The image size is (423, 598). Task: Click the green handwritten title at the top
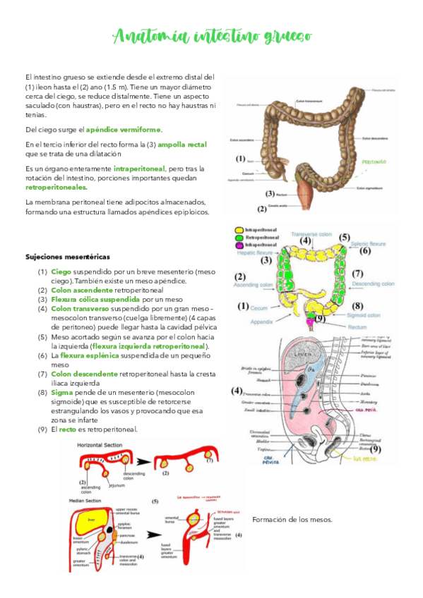(212, 36)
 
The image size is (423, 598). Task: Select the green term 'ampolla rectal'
(182, 144)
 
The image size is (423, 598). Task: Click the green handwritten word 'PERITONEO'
(375, 161)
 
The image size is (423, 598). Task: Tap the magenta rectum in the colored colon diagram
(309, 322)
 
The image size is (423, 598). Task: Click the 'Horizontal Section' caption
(99, 446)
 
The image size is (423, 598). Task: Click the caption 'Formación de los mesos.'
(292, 520)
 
